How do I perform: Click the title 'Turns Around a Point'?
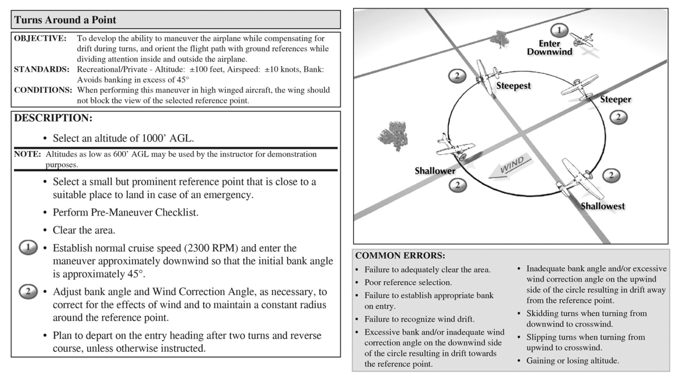point(65,20)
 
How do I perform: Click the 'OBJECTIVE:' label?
point(40,38)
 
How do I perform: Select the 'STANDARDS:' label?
point(42,69)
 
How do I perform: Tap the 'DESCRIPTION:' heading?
point(53,118)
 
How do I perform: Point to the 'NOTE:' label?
point(27,154)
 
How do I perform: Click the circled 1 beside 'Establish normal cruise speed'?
point(28,247)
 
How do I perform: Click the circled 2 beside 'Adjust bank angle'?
point(28,291)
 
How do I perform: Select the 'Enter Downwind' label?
point(549,48)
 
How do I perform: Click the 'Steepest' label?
point(513,86)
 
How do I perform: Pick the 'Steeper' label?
point(615,100)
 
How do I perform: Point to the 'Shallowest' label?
point(603,206)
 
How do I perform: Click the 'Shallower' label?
point(435,171)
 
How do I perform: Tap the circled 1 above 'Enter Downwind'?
point(559,31)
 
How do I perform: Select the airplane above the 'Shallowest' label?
point(580,179)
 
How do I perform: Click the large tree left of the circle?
point(393,136)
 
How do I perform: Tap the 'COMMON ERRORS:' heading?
point(400,256)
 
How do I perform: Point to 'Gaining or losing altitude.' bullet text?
point(572,361)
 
